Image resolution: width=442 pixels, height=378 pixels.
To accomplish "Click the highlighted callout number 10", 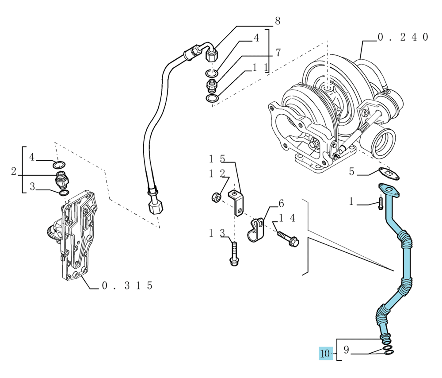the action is [326, 354].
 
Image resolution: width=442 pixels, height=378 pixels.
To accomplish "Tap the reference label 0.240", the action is [403, 37].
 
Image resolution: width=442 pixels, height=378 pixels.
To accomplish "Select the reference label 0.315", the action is [127, 285].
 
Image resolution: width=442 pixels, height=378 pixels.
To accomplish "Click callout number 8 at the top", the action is [278, 21].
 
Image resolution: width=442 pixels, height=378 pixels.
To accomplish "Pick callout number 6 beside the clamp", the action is [281, 203].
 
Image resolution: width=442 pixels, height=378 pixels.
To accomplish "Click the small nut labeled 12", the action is [216, 197].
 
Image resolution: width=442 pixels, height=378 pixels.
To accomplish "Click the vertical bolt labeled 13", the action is [234, 254].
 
